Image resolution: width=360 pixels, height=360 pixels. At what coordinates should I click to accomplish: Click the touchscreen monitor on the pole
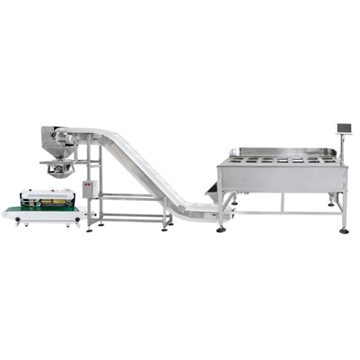pyautogui.click(x=344, y=128)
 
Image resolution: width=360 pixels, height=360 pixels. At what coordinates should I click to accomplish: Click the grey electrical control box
pyautogui.click(x=89, y=189)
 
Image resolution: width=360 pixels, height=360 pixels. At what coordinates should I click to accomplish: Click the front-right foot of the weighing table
pyautogui.click(x=344, y=230)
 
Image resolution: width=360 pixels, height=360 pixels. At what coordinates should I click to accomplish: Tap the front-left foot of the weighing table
pyautogui.click(x=221, y=229)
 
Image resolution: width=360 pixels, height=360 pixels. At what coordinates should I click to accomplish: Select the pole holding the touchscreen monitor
pyautogui.click(x=342, y=147)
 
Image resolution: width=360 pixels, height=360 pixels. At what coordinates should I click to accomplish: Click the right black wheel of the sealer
pyautogui.click(x=77, y=223)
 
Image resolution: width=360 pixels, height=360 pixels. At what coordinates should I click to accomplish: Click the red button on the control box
pyautogui.click(x=88, y=184)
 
